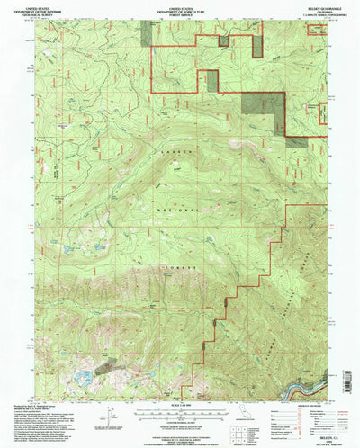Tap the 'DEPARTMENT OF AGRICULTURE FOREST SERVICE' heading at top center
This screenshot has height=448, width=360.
(180, 10)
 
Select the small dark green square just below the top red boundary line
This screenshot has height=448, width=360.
(212, 80)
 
